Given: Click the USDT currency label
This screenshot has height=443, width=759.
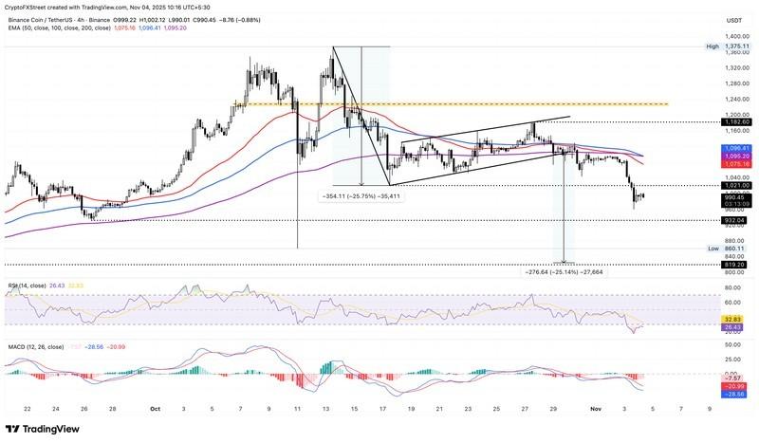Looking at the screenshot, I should pos(733,20).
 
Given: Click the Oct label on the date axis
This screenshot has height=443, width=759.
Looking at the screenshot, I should pos(156,409).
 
